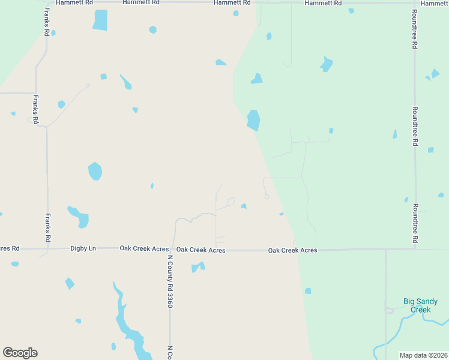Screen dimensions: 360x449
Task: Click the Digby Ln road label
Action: click(83, 248)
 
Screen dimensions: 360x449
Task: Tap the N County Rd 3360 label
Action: click(170, 281)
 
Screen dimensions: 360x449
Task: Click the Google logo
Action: click(20, 353)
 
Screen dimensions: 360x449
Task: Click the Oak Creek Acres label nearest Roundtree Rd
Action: click(292, 250)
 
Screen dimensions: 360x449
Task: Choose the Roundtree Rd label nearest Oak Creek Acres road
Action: click(415, 223)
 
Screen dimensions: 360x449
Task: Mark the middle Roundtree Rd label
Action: click(414, 127)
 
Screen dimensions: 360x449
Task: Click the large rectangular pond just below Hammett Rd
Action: click(100, 20)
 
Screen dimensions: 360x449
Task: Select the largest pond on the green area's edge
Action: click(254, 120)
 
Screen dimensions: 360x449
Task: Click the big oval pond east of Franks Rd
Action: click(95, 171)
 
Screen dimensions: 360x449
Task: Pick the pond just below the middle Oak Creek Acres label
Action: click(197, 267)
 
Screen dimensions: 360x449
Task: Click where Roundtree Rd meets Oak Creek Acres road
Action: click(415, 248)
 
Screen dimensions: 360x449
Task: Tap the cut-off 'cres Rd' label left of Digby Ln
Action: click(10, 248)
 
